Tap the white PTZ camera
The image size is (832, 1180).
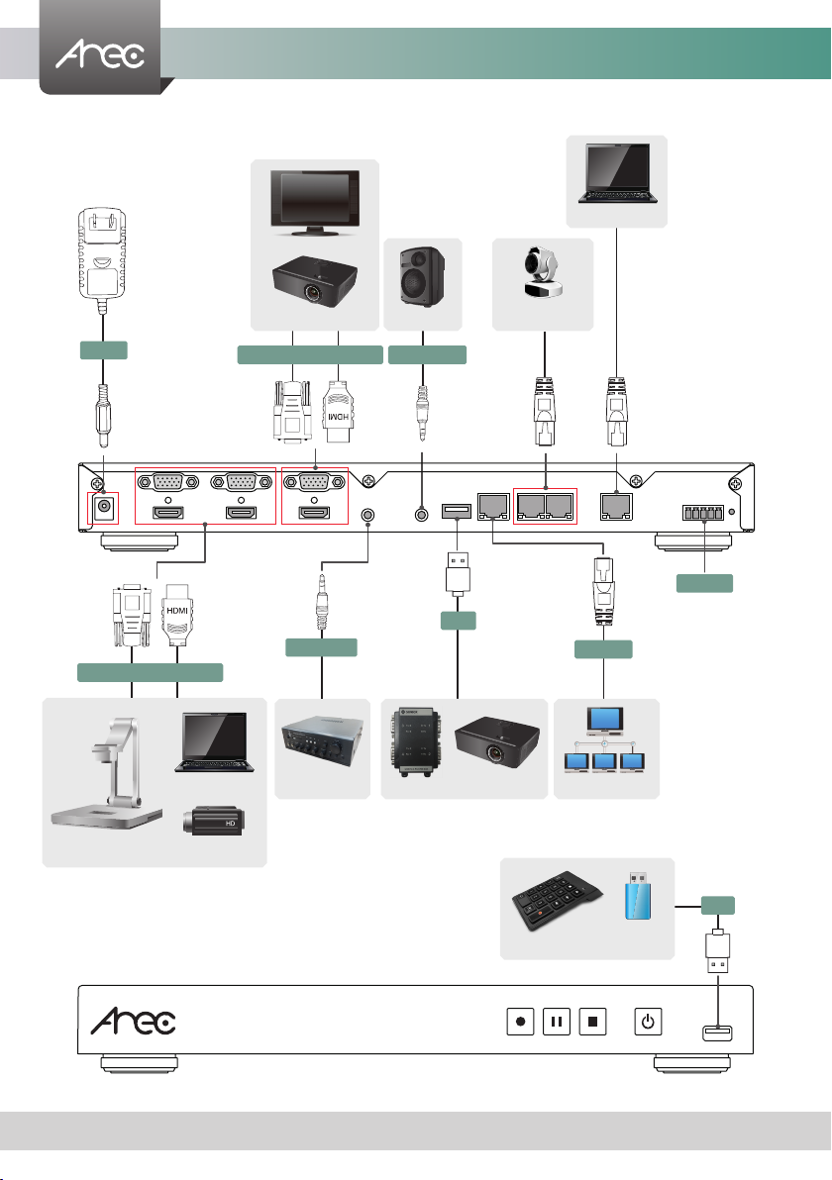click(543, 281)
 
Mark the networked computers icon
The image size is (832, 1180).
click(604, 747)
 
